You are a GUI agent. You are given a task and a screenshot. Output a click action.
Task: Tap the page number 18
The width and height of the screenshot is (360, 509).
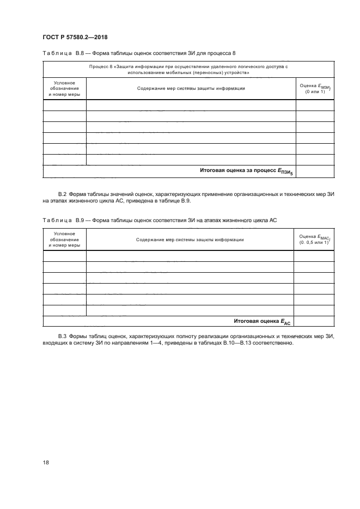(46, 462)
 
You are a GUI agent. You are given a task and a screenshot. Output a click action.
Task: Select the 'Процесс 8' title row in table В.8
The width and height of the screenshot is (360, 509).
(188, 69)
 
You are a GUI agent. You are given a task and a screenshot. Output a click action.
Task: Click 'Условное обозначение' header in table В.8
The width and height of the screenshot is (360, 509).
(64, 88)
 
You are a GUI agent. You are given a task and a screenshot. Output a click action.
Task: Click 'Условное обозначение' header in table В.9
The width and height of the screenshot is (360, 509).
(64, 239)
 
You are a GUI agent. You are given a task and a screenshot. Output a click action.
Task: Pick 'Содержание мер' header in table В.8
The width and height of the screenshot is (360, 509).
(191, 88)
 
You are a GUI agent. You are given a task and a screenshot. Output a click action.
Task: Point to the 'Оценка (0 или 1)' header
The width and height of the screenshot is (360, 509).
(315, 89)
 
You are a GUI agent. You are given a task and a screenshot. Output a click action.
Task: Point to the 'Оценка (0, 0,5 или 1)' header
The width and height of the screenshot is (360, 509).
(315, 240)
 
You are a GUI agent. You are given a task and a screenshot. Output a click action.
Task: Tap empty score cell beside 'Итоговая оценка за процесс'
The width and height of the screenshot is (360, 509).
(315, 171)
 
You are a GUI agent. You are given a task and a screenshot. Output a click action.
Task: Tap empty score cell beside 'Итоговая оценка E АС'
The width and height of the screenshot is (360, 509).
(315, 321)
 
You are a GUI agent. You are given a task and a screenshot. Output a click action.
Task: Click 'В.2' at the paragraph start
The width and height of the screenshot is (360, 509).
(62, 194)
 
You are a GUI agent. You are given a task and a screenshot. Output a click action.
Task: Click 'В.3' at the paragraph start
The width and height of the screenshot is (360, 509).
(62, 338)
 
